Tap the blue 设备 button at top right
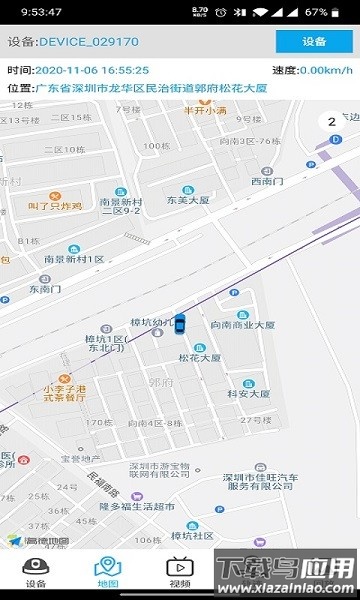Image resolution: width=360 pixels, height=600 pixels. (x=314, y=42)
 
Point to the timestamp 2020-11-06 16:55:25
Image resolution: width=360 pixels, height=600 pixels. (x=92, y=70)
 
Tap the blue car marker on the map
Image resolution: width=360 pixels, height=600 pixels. (x=180, y=323)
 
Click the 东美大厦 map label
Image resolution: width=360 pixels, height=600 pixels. (x=187, y=199)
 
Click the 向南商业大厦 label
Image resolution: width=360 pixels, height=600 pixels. (x=242, y=325)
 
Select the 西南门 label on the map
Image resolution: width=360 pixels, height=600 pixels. (x=268, y=182)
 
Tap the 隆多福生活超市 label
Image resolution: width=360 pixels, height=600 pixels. (x=137, y=507)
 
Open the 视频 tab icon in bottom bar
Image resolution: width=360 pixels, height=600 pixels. (x=180, y=567)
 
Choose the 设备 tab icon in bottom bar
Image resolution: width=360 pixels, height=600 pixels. (x=36, y=567)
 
